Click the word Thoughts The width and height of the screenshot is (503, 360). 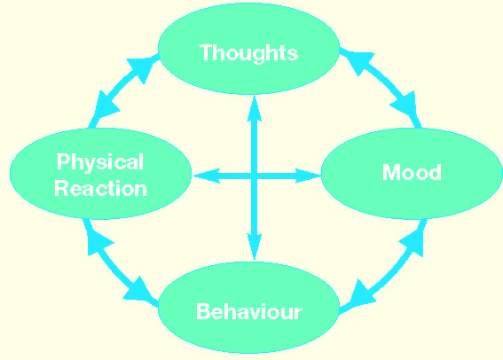tap(249, 53)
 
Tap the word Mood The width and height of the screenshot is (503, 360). tap(412, 173)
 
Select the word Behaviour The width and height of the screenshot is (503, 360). tap(249, 311)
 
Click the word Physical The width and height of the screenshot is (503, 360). tap(100, 162)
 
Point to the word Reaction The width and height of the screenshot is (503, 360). tap(101, 189)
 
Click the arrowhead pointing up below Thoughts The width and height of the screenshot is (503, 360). tap(255, 108)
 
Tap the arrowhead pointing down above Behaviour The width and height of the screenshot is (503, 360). tap(255, 247)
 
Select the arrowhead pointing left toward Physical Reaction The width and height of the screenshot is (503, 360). tap(207, 176)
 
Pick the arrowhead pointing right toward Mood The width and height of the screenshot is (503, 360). tap(308, 176)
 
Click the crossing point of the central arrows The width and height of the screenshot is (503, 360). tap(255, 176)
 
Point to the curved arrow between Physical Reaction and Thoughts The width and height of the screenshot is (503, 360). tap(119, 86)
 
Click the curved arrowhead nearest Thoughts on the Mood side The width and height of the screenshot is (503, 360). tap(360, 61)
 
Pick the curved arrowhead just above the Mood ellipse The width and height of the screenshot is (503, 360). tap(405, 103)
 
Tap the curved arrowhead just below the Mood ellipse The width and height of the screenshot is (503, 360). tap(413, 243)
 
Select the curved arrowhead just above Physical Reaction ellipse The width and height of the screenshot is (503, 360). tap(106, 105)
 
